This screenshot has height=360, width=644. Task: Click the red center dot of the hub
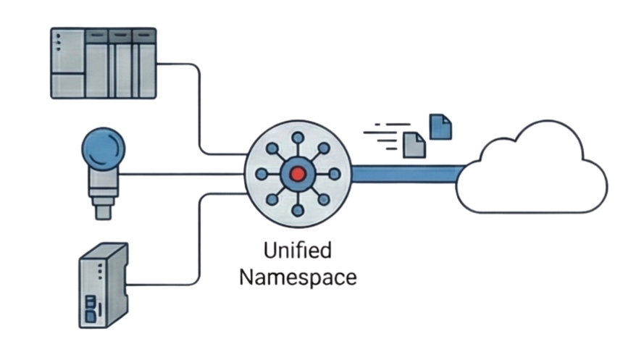pos(297,174)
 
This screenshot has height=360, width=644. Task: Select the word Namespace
pos(298,277)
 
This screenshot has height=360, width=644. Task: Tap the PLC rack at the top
pos(104,63)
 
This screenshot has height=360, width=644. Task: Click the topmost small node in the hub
pos(297,138)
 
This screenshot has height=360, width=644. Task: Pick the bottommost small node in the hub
pos(297,210)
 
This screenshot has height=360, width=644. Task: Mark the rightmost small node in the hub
pos(333,174)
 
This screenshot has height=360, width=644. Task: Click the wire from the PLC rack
pos(199,109)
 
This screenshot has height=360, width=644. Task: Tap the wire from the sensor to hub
pos(181,174)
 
